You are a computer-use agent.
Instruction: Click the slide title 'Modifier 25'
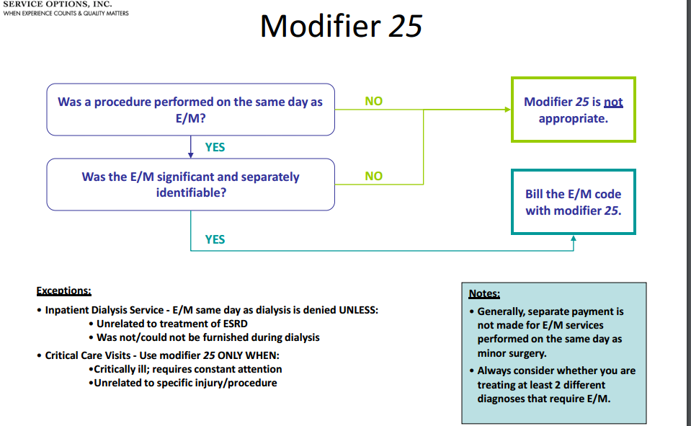click(x=340, y=27)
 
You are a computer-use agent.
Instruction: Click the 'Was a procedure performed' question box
click(x=190, y=110)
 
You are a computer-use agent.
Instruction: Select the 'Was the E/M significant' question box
click(x=190, y=185)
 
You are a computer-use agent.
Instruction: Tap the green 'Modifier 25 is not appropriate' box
click(x=573, y=110)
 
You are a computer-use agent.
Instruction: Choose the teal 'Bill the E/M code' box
click(x=573, y=202)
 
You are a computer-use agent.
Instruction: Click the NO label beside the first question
click(x=373, y=101)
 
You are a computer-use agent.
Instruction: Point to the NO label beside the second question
click(x=373, y=176)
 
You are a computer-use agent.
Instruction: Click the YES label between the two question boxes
click(x=215, y=147)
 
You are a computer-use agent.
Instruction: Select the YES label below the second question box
click(x=215, y=239)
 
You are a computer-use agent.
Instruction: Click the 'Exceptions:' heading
click(x=63, y=291)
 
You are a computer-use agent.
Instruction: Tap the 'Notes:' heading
click(x=484, y=294)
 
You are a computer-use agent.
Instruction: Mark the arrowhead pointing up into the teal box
click(x=574, y=239)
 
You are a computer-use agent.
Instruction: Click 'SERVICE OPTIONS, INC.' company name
click(x=58, y=4)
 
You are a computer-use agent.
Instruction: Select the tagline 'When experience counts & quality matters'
click(x=66, y=14)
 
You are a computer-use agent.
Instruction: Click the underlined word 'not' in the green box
click(x=613, y=102)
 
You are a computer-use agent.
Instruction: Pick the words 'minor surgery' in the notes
click(x=512, y=353)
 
